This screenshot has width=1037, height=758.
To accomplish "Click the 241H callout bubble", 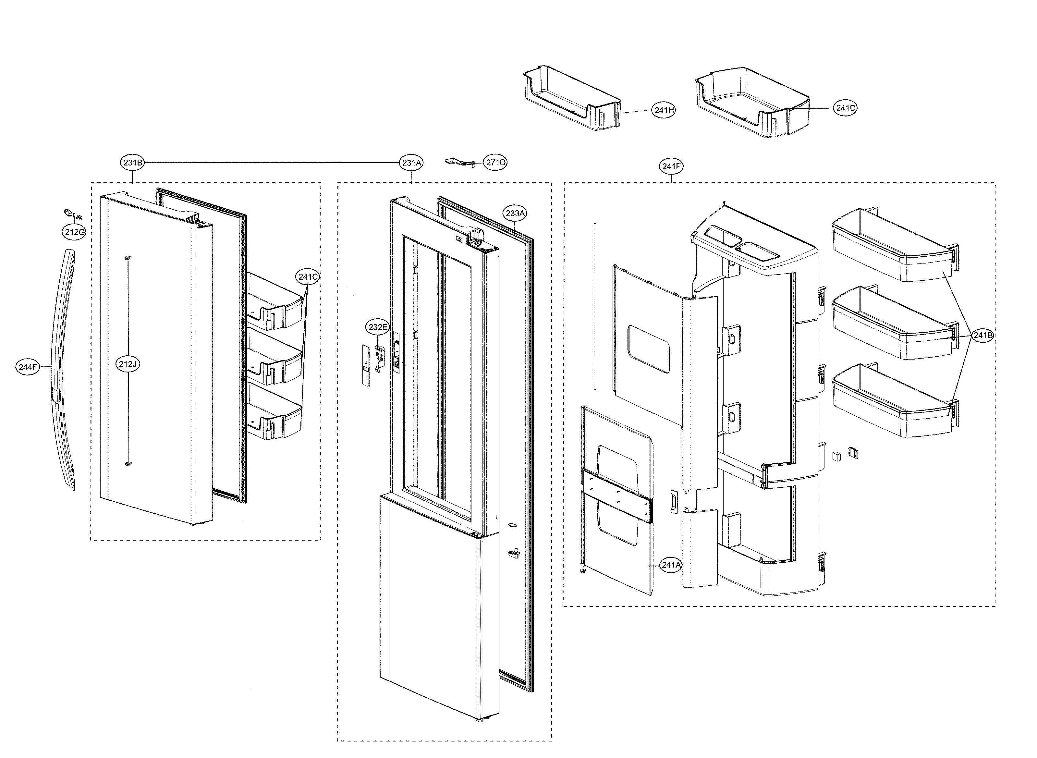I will (x=664, y=110).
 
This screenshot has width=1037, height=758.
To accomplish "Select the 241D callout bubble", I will (x=845, y=108).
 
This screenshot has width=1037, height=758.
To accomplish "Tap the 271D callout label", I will (x=495, y=163).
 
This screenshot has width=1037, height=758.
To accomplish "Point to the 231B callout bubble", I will (x=133, y=163).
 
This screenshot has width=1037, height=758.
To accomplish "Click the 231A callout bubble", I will (x=412, y=163).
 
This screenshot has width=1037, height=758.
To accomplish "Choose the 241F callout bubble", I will (x=671, y=166).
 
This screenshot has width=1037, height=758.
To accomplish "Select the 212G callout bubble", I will (x=74, y=232).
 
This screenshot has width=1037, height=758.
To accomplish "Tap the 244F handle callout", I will (x=28, y=367).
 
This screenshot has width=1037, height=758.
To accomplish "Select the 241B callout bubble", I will (x=983, y=336).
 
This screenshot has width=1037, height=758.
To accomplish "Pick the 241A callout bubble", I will (x=670, y=565).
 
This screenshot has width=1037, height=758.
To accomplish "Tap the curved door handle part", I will (x=63, y=367).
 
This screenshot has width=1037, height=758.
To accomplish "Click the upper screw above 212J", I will (x=128, y=258).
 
